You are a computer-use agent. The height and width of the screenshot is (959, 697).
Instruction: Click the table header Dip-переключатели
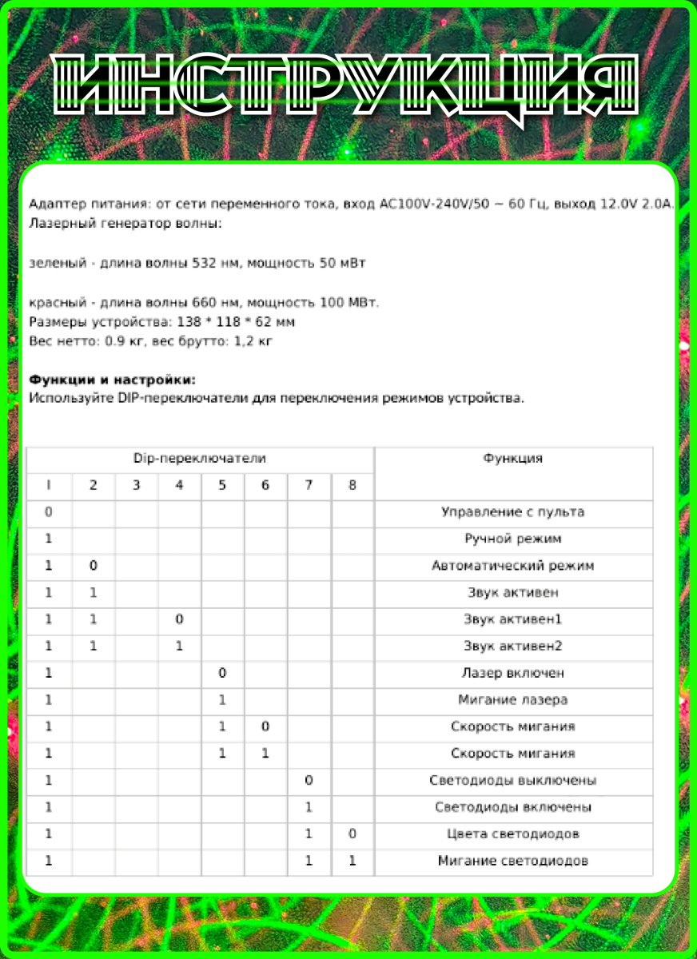pos(200,459)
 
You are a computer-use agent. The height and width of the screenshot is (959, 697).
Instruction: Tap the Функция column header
pos(512,459)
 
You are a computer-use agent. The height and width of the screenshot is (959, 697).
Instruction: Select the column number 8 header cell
pos(352,485)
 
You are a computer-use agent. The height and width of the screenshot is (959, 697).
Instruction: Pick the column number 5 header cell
pos(222,485)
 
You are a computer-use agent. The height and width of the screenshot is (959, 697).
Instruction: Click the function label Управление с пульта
pos(512,512)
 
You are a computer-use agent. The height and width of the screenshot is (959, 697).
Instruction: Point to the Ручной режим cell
pos(512,539)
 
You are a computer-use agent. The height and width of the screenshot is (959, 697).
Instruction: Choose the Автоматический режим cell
pos(512,566)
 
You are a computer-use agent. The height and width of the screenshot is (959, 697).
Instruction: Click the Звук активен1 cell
pos(512,619)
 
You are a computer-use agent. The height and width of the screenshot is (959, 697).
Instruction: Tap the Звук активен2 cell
pos(512,646)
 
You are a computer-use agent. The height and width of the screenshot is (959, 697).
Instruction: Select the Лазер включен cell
pos(512,673)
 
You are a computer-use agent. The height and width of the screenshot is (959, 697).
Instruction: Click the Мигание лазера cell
pos(512,700)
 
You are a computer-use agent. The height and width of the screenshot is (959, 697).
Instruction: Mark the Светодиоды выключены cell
pos(512,780)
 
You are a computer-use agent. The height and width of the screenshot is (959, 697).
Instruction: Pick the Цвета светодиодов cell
pos(512,834)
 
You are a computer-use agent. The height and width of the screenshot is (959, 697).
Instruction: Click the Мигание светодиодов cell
pos(512,861)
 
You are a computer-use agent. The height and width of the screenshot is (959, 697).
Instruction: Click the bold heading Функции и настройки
pos(112,380)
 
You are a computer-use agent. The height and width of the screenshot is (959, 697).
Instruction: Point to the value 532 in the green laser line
pos(206,262)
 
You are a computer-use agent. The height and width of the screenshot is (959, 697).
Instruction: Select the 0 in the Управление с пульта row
pos(49,512)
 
